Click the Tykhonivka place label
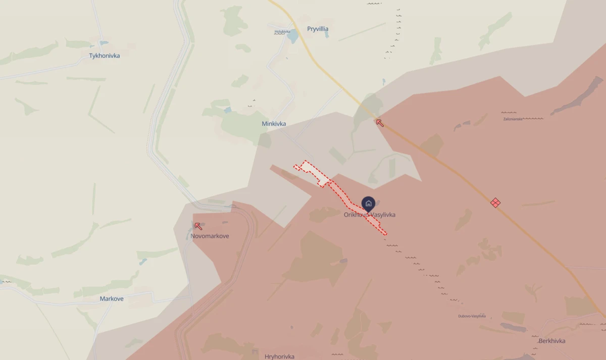[105, 56]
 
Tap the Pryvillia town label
[318, 29]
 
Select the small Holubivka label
[282, 31]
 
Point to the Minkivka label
[274, 124]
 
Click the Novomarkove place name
[210, 236]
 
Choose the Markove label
[112, 299]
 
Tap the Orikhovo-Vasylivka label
[370, 215]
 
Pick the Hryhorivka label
[279, 356]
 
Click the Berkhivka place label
[552, 341]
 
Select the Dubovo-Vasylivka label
[472, 316]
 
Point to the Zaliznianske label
[512, 119]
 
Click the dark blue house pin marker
[369, 203]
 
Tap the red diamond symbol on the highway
[495, 202]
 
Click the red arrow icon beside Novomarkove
[198, 226]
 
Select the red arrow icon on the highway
[379, 122]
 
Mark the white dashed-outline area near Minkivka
[311, 169]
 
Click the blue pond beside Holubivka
[292, 38]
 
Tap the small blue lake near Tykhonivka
[104, 43]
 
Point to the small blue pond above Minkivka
[228, 110]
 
